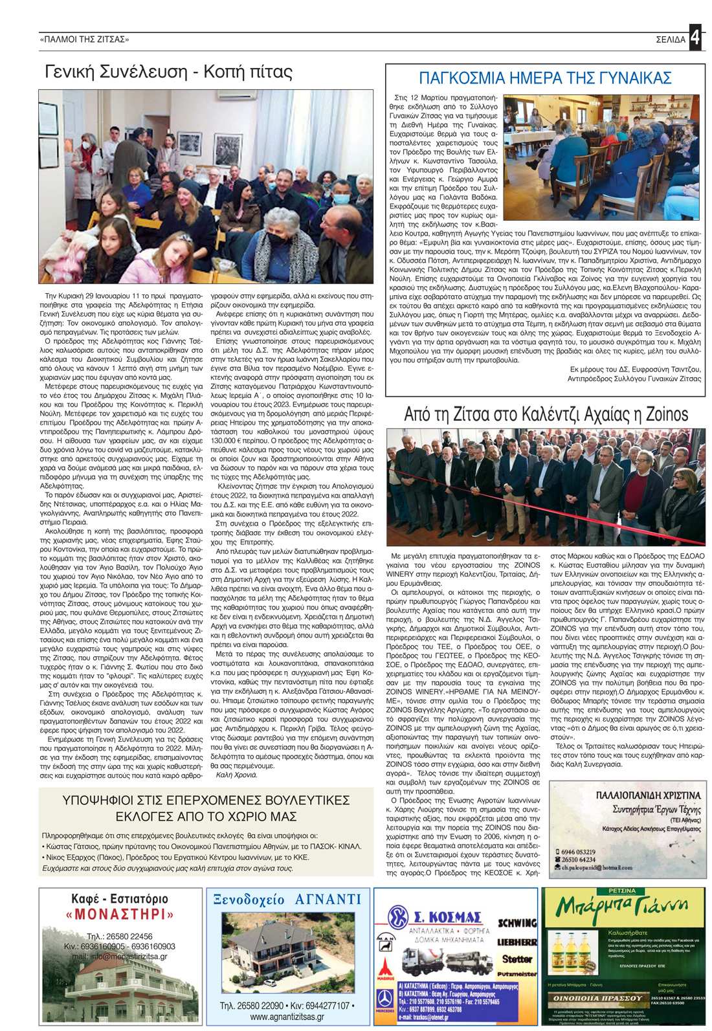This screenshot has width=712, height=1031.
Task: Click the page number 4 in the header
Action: pos(695,38)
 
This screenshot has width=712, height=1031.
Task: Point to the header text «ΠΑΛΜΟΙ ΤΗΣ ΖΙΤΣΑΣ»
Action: pos(85,39)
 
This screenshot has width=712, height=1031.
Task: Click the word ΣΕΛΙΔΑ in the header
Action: pos(670,39)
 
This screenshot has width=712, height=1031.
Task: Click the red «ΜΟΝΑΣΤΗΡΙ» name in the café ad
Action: pos(120,915)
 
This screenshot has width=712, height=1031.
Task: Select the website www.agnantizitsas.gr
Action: pos(287,1017)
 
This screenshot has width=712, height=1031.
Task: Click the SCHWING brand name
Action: pos(517,923)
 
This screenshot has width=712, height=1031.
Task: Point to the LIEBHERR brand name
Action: pos(517,942)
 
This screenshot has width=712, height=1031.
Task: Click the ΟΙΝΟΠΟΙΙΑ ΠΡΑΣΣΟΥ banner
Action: pos(597,998)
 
